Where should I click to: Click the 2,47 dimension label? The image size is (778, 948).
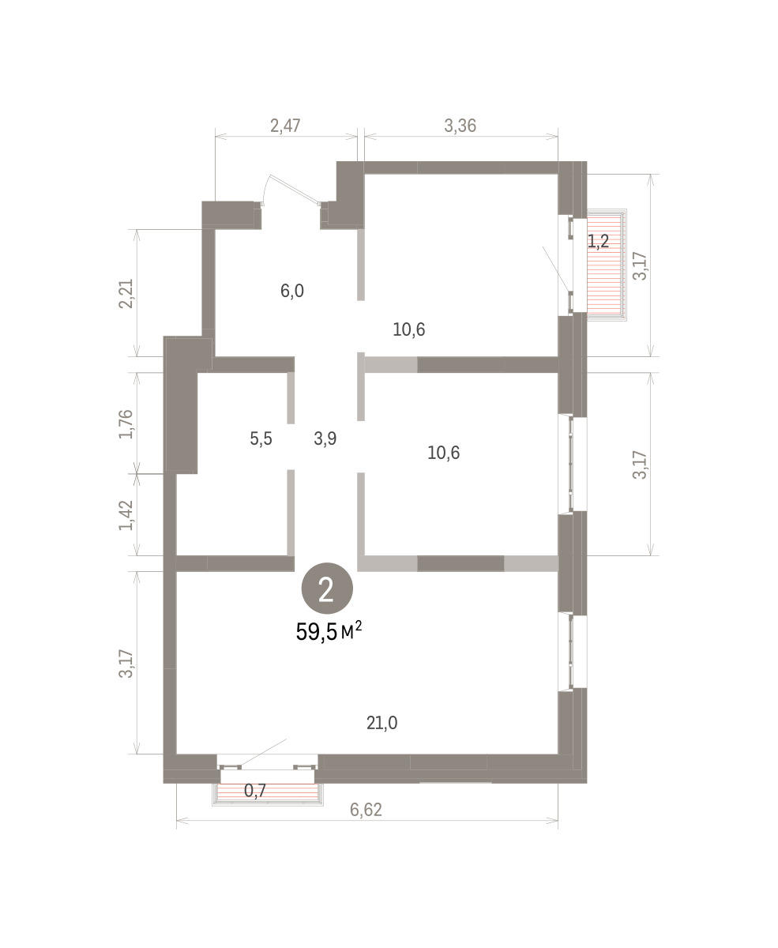click(x=285, y=126)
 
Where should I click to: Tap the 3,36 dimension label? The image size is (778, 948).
click(x=460, y=126)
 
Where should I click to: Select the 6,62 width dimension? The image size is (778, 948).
click(x=366, y=810)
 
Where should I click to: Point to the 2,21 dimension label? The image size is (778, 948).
click(x=126, y=294)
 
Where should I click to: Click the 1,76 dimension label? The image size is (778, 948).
click(x=126, y=424)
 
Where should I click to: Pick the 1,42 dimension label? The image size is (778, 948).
click(x=126, y=515)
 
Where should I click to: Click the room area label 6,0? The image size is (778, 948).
click(x=292, y=291)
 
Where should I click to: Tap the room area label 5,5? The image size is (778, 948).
click(x=261, y=438)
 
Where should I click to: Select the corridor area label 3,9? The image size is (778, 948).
click(x=325, y=438)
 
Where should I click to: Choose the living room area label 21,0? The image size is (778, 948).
click(x=382, y=723)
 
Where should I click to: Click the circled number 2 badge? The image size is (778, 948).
click(x=327, y=588)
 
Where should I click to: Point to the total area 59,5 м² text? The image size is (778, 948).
click(x=329, y=631)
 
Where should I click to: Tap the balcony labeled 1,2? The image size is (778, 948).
click(x=607, y=265)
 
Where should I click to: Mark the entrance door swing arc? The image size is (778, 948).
click(x=266, y=189)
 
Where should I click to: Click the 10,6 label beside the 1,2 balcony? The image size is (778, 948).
click(x=409, y=329)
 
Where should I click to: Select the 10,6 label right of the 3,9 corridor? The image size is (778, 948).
click(x=444, y=453)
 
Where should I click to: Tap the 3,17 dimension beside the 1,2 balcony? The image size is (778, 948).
click(x=640, y=266)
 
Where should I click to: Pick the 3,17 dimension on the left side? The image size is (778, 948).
click(x=126, y=664)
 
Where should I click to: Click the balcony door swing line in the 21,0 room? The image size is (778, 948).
click(x=264, y=752)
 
